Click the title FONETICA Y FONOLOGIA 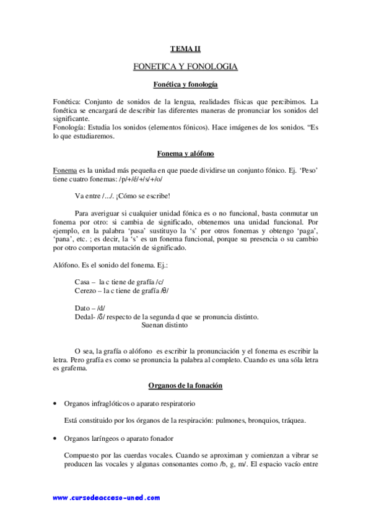point(185,66)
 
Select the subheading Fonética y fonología point(185,84)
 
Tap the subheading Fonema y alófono point(185,153)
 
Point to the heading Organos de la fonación point(185,386)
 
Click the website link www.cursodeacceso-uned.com point(106,498)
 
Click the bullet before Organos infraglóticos point(56,404)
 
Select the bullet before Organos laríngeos point(56,439)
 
